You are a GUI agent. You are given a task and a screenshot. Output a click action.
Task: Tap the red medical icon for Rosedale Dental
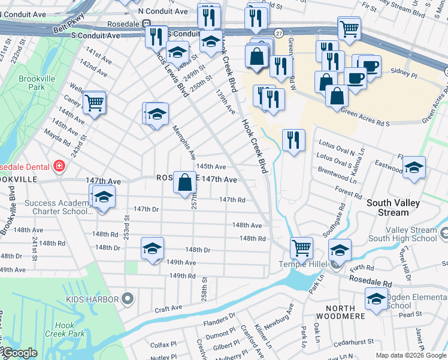pyautogui.click(x=59, y=166)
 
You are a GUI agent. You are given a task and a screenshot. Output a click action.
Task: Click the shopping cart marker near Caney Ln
pyautogui.click(x=94, y=103)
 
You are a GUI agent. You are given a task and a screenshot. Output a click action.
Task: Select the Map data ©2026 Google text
pyautogui.click(x=410, y=355)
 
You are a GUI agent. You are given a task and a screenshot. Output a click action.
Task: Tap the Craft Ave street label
pyautogui.click(x=168, y=308)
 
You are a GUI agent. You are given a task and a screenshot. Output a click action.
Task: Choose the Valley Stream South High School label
pyautogui.click(x=403, y=234)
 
